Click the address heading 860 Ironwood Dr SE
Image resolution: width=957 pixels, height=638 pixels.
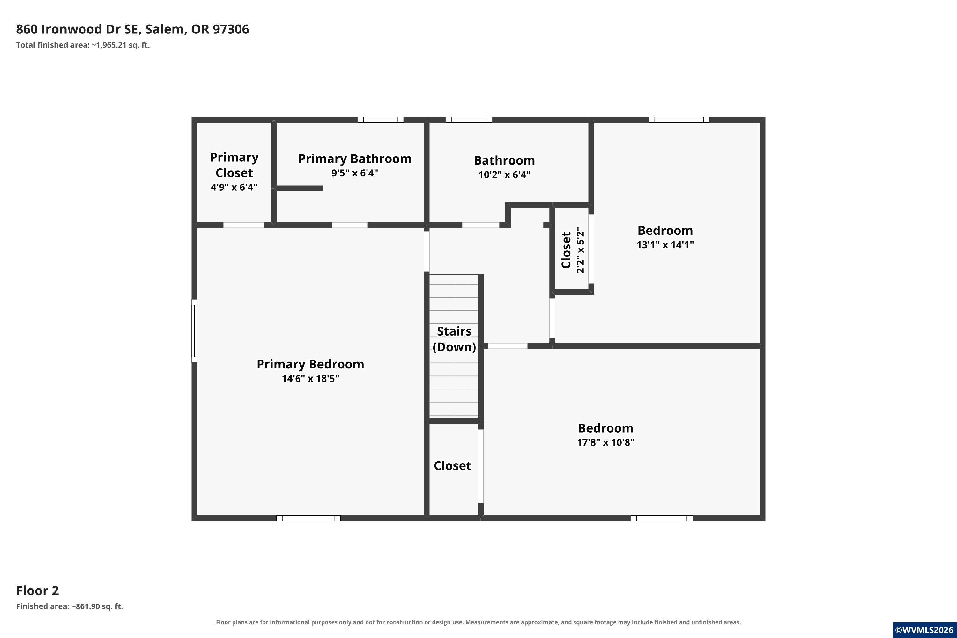(77, 29)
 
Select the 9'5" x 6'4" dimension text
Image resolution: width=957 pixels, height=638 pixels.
(355, 173)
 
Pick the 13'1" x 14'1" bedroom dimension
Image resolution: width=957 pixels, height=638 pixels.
(665, 245)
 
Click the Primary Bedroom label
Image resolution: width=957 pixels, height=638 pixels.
(310, 364)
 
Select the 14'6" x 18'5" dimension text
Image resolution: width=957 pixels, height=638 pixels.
(310, 378)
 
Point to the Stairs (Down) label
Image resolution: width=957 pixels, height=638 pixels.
(454, 339)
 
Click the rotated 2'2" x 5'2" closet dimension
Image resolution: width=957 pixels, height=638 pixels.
(581, 250)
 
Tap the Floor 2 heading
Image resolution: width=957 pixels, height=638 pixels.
(37, 590)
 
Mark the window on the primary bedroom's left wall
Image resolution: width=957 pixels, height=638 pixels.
(195, 331)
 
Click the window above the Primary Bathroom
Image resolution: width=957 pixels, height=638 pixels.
(381, 120)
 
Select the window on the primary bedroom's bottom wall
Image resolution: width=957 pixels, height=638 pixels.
(308, 518)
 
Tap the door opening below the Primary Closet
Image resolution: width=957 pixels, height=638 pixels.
(244, 225)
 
